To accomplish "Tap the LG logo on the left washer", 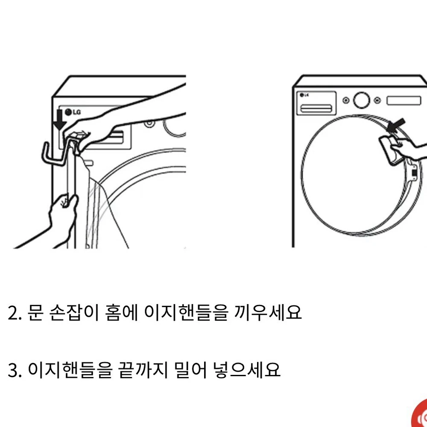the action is tap(73, 112).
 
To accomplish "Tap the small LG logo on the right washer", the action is tap(304, 95).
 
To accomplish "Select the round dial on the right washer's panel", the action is tap(361, 100).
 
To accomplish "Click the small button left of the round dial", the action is tap(346, 100).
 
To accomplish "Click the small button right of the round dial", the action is tap(377, 100).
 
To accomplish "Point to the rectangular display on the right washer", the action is tap(404, 100).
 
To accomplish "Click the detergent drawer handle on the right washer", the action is tap(316, 108).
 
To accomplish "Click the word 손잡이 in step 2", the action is tap(73, 313).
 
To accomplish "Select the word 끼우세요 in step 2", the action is tap(268, 313).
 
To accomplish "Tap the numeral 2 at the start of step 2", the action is tap(13, 313).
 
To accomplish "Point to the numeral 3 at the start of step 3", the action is tap(13, 370).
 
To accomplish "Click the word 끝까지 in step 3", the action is tap(143, 369).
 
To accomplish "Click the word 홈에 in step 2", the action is tap(121, 313).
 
